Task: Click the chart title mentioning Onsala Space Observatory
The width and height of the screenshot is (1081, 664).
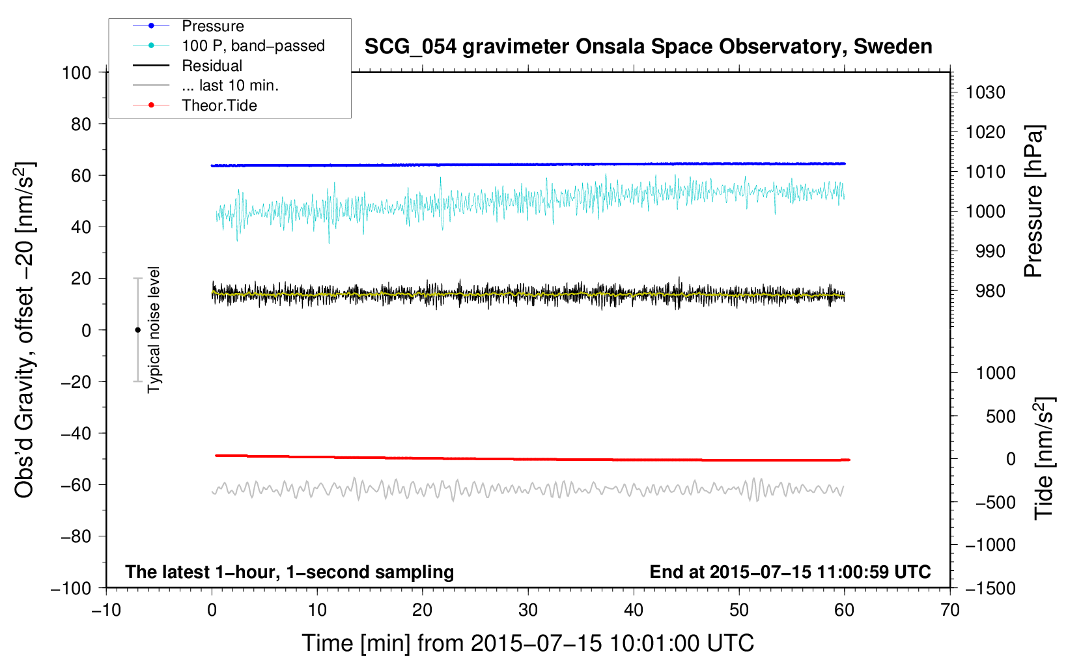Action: pos(648,47)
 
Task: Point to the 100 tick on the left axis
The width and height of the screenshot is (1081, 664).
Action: pos(77,73)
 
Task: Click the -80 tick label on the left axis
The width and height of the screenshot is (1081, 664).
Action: pos(76,536)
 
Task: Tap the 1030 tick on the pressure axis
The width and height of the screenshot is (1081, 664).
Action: pos(985,92)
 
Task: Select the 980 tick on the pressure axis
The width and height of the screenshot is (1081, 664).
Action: pos(990,291)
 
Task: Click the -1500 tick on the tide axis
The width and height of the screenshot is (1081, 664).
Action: pos(990,588)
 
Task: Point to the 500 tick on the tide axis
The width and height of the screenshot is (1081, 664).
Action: pos(1000,417)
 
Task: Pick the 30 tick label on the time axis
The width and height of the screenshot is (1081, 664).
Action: pos(528,611)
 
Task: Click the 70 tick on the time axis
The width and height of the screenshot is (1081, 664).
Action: pos(950,611)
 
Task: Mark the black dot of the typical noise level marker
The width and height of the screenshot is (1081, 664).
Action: pos(137,330)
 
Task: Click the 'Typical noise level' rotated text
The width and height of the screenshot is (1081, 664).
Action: pos(154,329)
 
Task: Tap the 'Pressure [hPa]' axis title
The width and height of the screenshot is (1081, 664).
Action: pos(1033,201)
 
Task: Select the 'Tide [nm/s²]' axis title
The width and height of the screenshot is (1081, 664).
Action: pos(1044,458)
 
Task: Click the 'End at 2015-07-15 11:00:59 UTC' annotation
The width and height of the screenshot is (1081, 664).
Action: pos(790,572)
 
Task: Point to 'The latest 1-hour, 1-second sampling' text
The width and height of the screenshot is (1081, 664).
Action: pos(290,572)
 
